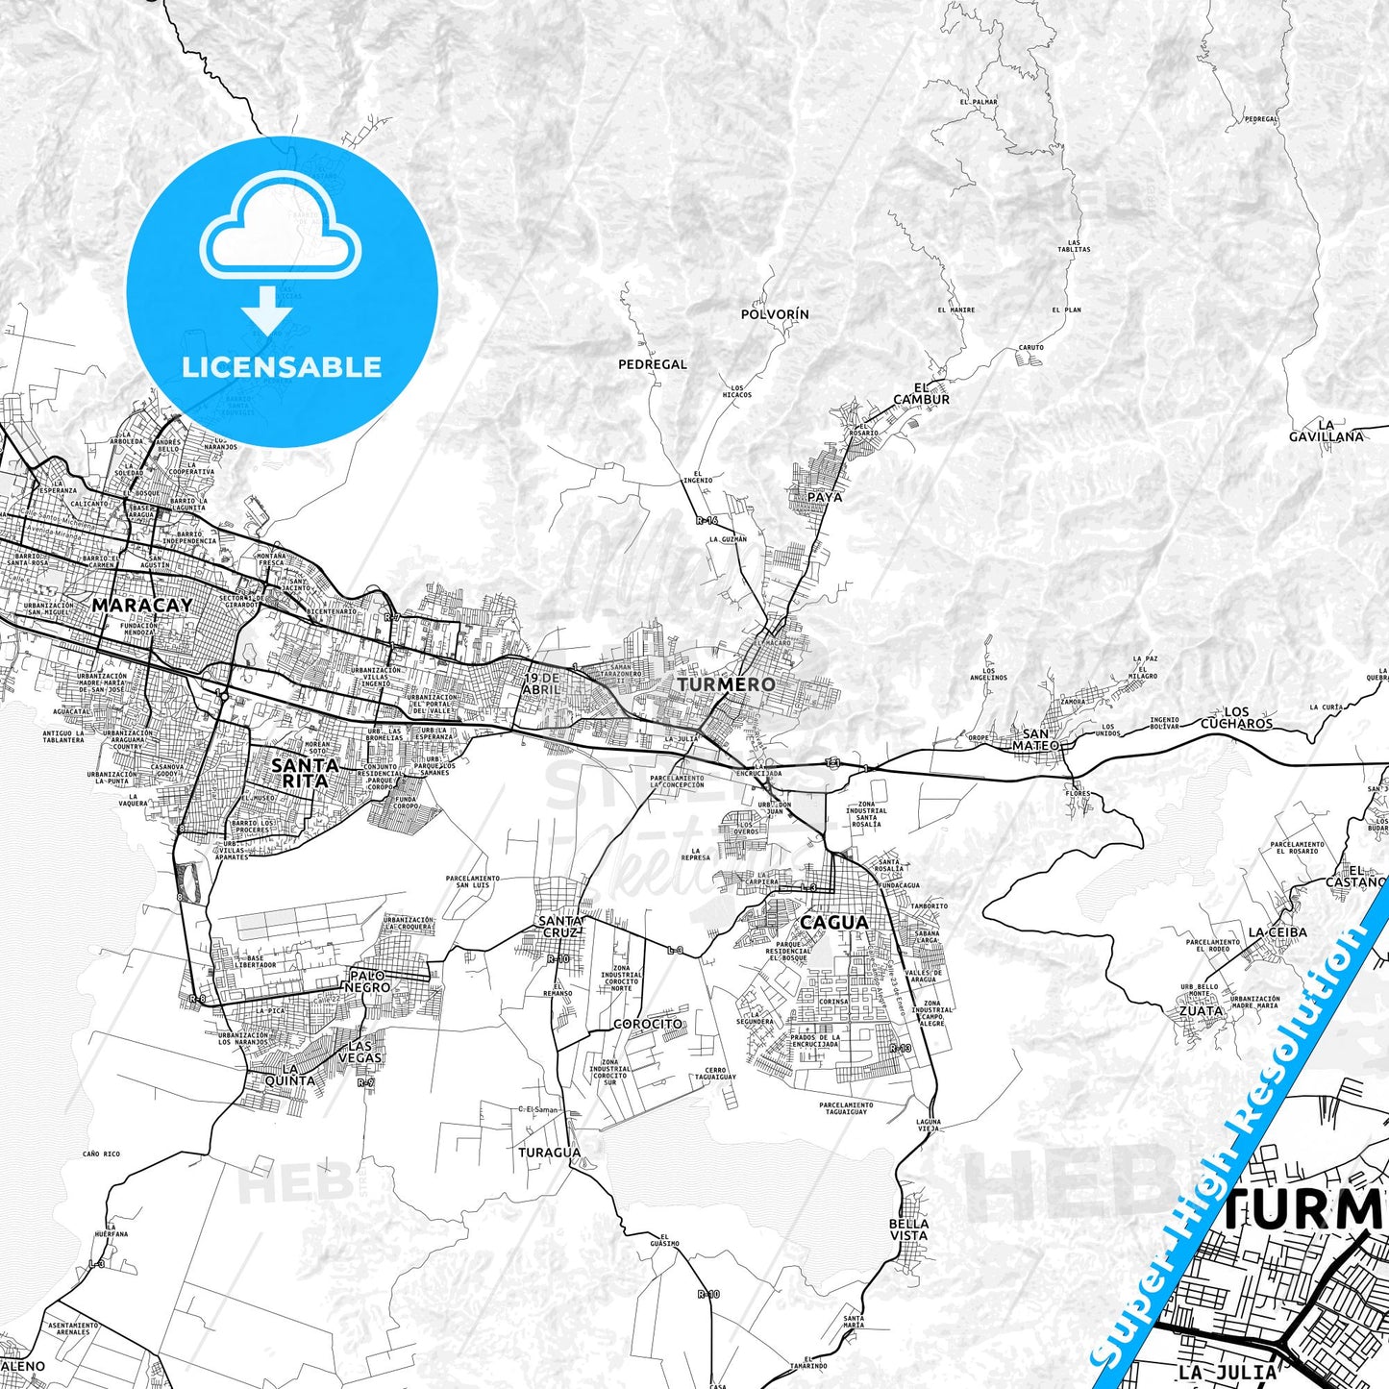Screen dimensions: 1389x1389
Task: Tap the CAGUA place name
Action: (x=833, y=923)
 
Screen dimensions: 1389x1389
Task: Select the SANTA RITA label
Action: (x=305, y=773)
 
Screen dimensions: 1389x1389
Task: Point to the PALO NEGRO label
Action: (x=368, y=981)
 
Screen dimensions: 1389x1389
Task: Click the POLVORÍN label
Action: (x=775, y=314)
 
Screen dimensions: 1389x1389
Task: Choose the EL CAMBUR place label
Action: (x=921, y=394)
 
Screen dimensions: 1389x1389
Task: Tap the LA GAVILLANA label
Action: (x=1327, y=431)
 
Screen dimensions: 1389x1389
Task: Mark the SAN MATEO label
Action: (x=1035, y=739)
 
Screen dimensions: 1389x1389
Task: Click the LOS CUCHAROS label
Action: (x=1236, y=718)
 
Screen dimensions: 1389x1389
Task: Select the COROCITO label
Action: (x=649, y=1024)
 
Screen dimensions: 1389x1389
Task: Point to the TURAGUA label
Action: (x=550, y=1153)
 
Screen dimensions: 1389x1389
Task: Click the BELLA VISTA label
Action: (x=908, y=1229)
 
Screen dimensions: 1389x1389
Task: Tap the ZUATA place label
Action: (x=1201, y=1011)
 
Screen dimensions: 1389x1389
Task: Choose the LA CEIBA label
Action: (x=1277, y=932)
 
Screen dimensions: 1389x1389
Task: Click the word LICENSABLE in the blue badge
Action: (x=282, y=367)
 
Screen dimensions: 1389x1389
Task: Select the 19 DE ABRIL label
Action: (x=542, y=683)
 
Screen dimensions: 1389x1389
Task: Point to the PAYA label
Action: (x=825, y=497)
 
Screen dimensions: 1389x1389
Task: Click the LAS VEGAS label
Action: (x=360, y=1052)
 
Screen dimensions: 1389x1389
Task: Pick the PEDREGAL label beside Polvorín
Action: (x=653, y=365)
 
